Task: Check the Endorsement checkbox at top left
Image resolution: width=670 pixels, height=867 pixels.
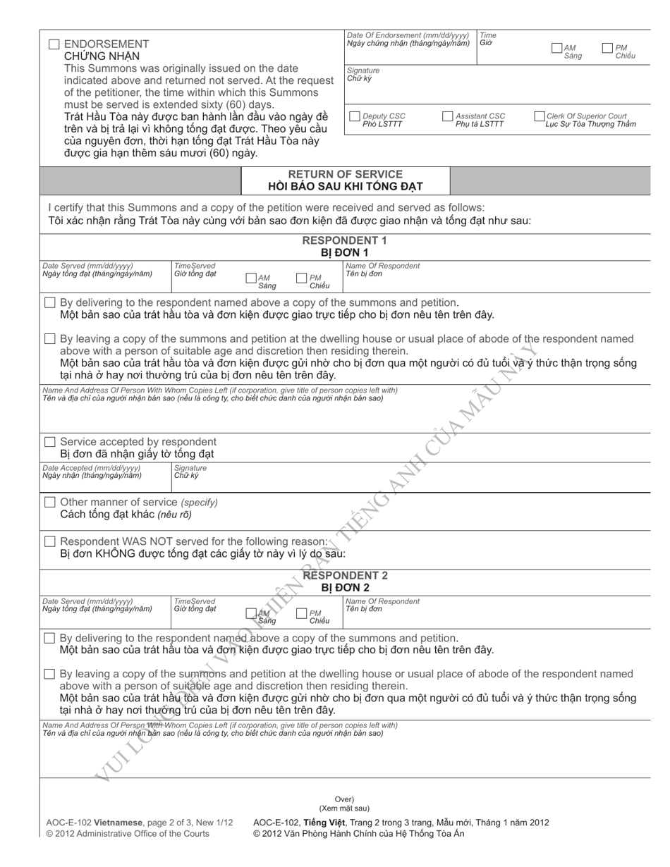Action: [54, 44]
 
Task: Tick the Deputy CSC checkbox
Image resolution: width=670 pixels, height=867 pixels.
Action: [355, 116]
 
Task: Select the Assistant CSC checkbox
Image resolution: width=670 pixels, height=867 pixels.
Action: [447, 116]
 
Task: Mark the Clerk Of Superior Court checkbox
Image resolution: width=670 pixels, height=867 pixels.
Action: [540, 116]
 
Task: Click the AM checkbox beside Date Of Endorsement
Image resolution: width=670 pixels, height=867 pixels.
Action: [557, 48]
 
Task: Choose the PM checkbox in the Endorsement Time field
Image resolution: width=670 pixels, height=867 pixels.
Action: [608, 48]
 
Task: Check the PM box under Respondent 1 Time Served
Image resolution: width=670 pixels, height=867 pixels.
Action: [302, 278]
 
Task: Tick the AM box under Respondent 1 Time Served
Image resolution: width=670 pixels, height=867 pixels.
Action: [250, 278]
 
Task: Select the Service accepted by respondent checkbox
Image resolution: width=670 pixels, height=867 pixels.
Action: [49, 442]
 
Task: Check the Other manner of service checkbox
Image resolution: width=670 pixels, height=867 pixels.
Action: [49, 502]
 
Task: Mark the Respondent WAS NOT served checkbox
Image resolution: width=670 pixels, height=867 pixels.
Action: [49, 541]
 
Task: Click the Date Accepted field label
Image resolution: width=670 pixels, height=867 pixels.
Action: [92, 467]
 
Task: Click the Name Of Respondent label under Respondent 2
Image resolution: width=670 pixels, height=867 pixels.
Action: [382, 601]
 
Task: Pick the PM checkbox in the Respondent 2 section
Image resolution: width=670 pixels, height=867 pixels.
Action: [302, 614]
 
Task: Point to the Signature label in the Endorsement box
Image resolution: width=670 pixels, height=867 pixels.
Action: [363, 70]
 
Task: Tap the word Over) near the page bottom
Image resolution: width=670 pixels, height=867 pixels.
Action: [344, 799]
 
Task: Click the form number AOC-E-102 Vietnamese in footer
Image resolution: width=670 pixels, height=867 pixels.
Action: [95, 822]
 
